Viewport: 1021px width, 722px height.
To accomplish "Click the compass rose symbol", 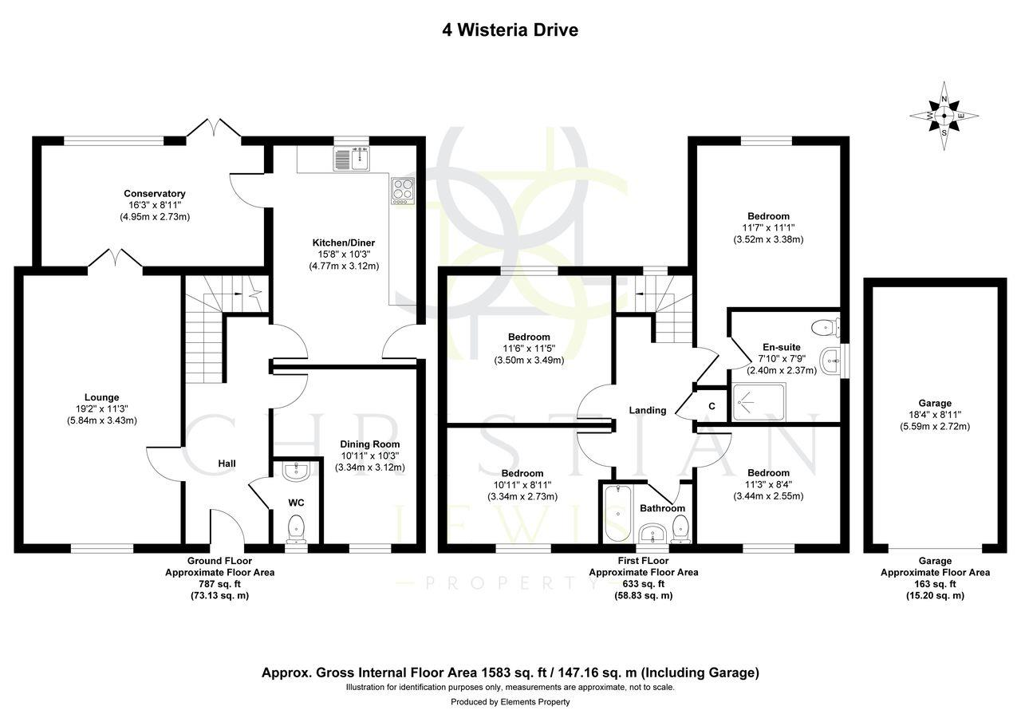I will click(x=944, y=116).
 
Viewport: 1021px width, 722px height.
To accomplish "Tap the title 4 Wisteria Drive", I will click(x=510, y=30).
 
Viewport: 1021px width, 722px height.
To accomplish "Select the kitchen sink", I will click(x=351, y=160).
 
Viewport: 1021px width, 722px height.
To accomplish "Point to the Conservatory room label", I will click(x=154, y=194).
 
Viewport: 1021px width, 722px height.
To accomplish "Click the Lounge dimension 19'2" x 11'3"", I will click(x=101, y=409).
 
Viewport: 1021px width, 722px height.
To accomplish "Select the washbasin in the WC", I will click(x=295, y=471).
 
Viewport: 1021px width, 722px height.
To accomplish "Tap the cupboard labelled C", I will click(x=712, y=405).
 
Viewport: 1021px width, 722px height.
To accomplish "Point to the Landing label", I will click(x=647, y=411).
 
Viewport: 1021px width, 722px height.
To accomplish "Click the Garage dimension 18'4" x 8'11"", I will click(x=934, y=415).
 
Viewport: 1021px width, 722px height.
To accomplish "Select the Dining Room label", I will click(x=369, y=444).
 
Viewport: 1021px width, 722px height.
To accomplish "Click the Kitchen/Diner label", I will click(x=343, y=243).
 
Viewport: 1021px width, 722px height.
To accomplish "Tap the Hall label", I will click(x=227, y=464).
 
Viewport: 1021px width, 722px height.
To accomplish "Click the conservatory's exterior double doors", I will click(x=214, y=128).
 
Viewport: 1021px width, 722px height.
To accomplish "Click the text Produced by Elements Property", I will click(x=510, y=702).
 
